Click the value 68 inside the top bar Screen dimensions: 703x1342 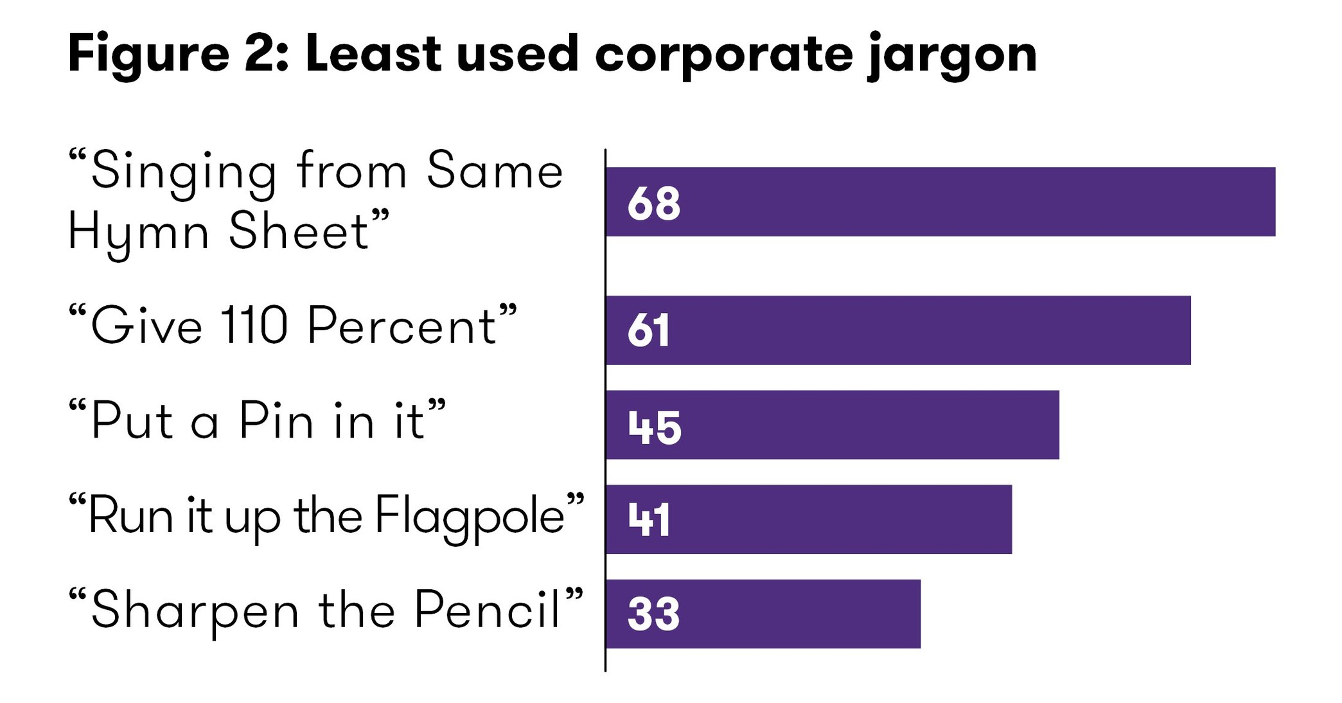click(x=653, y=204)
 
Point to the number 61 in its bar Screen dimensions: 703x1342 click(x=649, y=332)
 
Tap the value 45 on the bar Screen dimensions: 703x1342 click(x=654, y=427)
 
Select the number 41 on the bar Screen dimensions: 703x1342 click(x=649, y=521)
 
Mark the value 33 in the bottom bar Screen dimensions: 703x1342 click(x=653, y=615)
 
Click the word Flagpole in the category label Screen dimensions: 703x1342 click(x=470, y=517)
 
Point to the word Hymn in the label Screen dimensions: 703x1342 click(x=138, y=233)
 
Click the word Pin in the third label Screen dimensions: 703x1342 click(x=277, y=422)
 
